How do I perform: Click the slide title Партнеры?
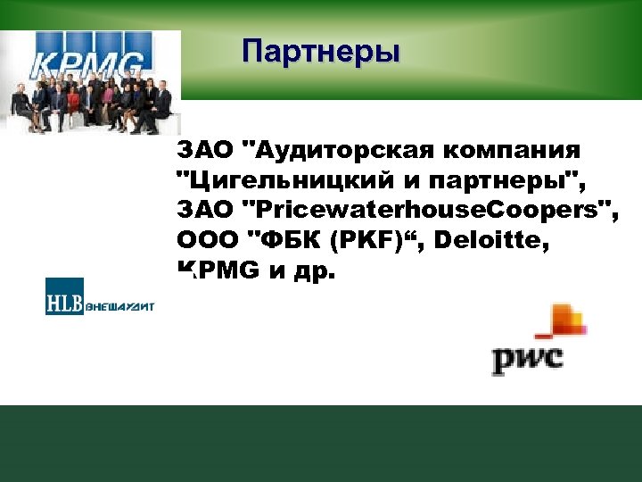click(321, 51)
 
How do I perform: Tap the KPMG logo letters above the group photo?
click(88, 64)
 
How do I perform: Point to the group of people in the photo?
click(89, 103)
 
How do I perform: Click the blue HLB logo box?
click(64, 296)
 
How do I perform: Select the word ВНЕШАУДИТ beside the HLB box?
click(119, 306)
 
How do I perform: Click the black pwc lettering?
click(527, 359)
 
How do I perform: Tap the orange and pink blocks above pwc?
click(564, 322)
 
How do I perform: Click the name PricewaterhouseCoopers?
click(428, 210)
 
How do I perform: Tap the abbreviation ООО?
click(207, 240)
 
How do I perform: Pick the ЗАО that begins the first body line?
click(203, 149)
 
